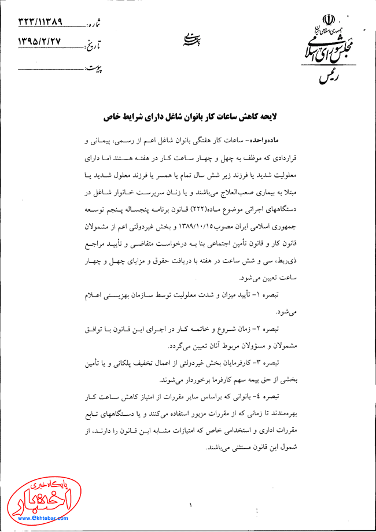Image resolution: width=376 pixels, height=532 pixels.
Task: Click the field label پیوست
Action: (93, 68)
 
